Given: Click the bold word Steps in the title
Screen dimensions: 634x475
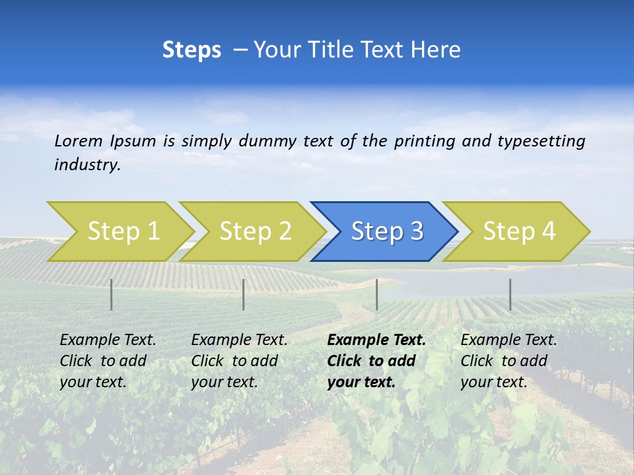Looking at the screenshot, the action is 192,50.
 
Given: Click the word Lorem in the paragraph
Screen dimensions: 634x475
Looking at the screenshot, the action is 79,141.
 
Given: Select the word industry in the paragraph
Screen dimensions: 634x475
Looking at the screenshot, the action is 87,164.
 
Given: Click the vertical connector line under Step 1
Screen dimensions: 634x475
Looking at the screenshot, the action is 111,294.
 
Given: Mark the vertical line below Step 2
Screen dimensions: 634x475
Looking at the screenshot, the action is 244,294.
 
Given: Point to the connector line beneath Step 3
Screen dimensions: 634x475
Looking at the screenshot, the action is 376,294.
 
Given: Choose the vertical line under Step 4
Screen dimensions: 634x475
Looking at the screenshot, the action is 510,294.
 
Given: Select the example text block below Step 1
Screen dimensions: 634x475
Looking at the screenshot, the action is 108,361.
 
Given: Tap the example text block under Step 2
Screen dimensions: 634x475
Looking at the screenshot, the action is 239,361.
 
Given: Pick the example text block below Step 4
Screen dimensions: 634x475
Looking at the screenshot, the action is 509,361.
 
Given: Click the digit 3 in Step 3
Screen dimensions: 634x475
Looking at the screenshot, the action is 416,231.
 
